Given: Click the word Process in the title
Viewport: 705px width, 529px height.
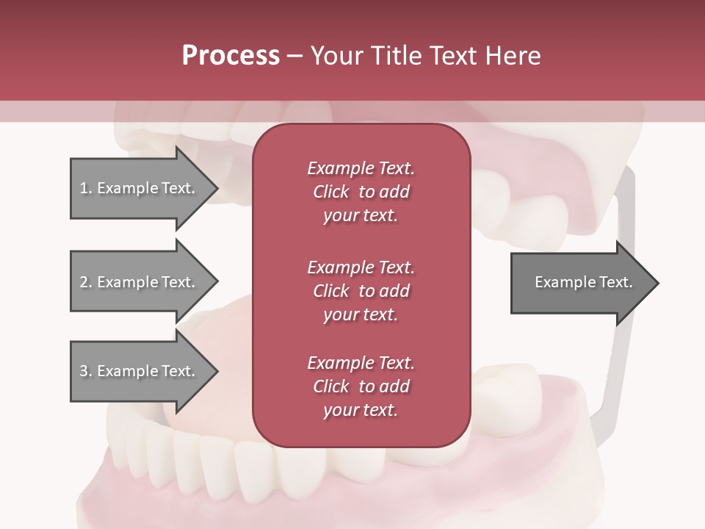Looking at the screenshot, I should click(231, 56).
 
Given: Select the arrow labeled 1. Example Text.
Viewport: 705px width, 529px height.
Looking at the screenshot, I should click(140, 188).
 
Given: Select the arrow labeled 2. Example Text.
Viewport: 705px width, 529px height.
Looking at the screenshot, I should click(140, 282).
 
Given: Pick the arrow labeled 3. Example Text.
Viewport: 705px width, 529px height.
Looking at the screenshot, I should click(140, 371).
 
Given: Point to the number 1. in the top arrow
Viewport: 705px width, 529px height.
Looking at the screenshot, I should click(86, 188).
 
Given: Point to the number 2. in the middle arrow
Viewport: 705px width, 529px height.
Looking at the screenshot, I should click(86, 282).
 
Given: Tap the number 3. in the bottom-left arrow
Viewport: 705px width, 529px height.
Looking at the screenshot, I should click(86, 371).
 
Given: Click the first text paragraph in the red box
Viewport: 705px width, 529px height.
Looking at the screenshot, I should click(361, 192).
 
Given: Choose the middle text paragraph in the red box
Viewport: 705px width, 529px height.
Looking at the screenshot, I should click(361, 290).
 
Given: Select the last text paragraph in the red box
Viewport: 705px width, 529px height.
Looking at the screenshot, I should click(361, 386).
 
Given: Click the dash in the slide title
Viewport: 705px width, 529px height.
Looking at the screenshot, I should click(294, 56).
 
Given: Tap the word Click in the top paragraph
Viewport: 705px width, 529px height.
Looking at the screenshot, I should click(331, 192).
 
